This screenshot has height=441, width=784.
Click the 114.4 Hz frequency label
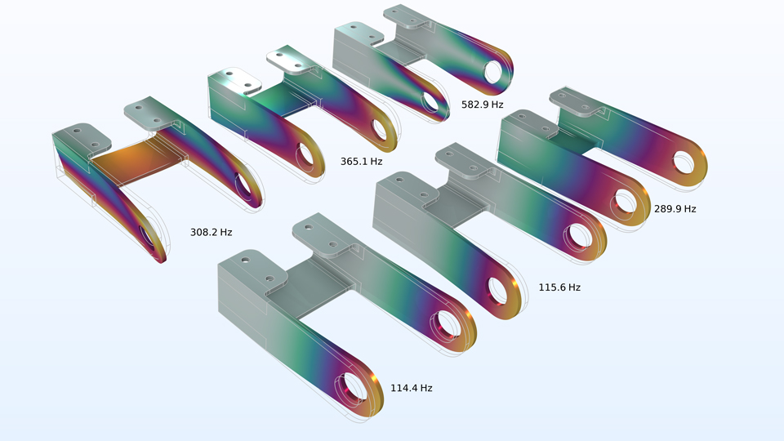[411, 388]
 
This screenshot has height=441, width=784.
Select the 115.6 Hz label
[559, 287]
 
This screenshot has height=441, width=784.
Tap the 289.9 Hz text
[675, 209]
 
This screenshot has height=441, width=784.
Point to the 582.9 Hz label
[483, 105]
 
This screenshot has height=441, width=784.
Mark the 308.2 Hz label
[211, 232]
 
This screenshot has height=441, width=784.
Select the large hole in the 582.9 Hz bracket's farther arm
[494, 73]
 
